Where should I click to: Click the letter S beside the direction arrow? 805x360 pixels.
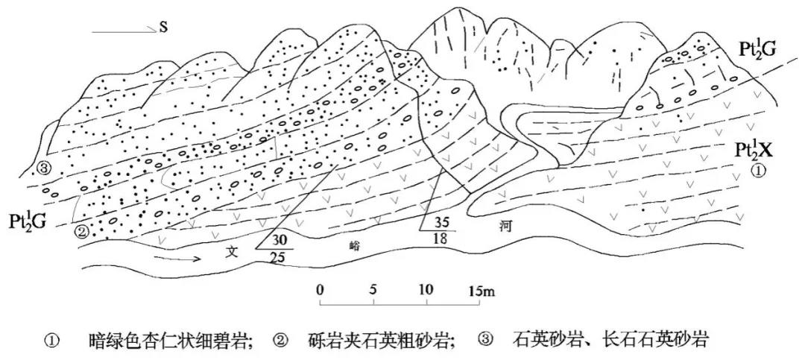click(162, 28)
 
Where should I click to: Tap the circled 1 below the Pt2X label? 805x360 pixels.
click(758, 171)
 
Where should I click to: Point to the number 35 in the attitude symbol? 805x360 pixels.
click(443, 222)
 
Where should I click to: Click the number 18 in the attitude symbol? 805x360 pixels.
click(441, 239)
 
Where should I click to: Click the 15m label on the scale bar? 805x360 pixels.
click(482, 289)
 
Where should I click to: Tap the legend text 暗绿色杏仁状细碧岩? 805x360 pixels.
click(171, 342)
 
